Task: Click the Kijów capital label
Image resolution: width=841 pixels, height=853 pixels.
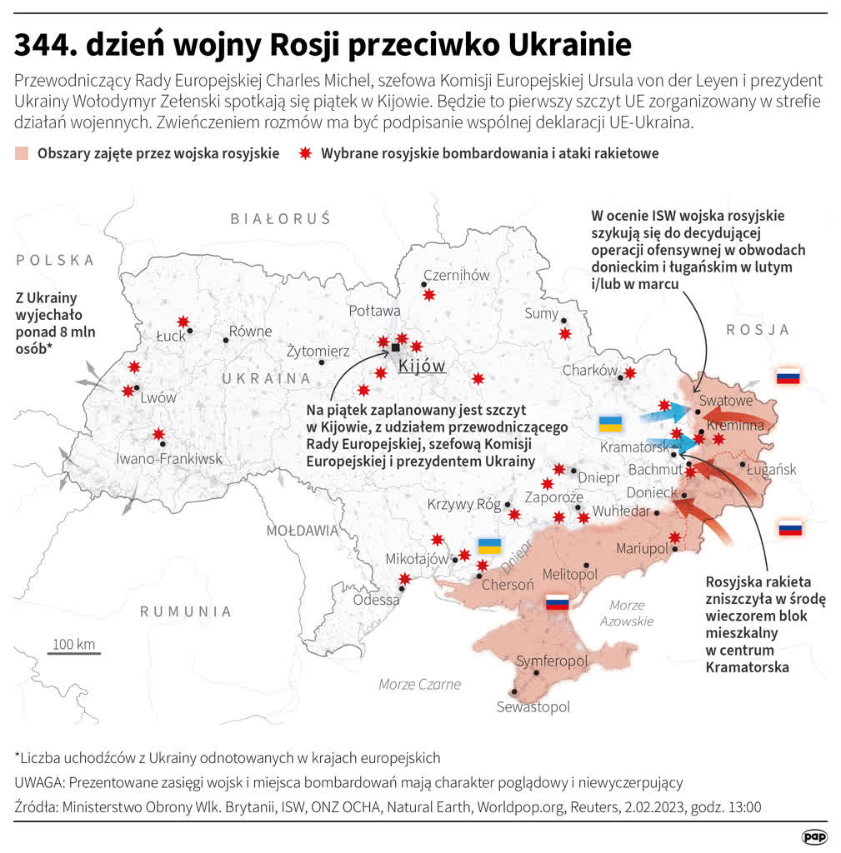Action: [x=422, y=366]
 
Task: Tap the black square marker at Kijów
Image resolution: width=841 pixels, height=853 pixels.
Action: [x=395, y=347]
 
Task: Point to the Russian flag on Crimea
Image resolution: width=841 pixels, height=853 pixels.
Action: [x=557, y=602]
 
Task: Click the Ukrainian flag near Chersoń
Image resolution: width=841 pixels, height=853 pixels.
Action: [x=489, y=546]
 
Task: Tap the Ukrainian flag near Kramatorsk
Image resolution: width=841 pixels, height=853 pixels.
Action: [x=610, y=423]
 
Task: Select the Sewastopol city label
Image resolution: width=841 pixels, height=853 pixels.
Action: [x=533, y=706]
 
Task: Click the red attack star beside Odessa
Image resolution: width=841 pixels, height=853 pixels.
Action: [x=405, y=579]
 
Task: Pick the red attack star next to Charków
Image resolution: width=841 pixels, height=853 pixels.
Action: [x=630, y=373]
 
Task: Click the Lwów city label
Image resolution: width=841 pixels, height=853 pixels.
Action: [x=158, y=397]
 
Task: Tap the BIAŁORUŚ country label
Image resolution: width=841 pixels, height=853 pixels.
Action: [x=281, y=218]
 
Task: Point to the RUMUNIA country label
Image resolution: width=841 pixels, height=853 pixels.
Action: [x=185, y=611]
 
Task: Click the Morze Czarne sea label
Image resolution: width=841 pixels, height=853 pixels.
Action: [x=419, y=684]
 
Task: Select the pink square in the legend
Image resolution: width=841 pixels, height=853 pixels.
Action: [x=23, y=153]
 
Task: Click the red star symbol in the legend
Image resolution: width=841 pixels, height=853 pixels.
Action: [x=305, y=153]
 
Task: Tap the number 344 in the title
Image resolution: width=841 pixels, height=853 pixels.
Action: [x=42, y=43]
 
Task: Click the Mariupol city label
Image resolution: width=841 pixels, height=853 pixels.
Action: [x=643, y=548]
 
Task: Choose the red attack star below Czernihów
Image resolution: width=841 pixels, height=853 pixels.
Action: [x=429, y=295]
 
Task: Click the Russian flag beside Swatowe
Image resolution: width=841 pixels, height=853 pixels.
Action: [x=788, y=377]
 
